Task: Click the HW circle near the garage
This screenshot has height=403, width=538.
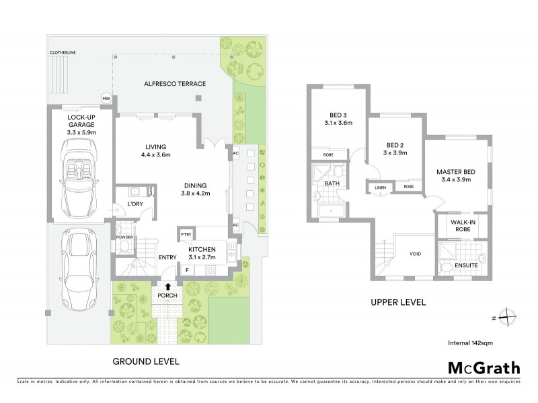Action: point(106,99)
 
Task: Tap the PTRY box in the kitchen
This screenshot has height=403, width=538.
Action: point(186,235)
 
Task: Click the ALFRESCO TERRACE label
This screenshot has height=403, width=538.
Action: point(175,83)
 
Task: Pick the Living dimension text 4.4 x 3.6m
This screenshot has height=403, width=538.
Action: point(155,155)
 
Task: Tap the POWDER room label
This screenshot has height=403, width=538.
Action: point(123,236)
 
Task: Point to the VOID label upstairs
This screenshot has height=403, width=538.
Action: point(416,255)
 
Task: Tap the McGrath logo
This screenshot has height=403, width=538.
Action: point(484,367)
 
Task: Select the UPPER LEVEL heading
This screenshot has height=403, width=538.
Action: point(399,302)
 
